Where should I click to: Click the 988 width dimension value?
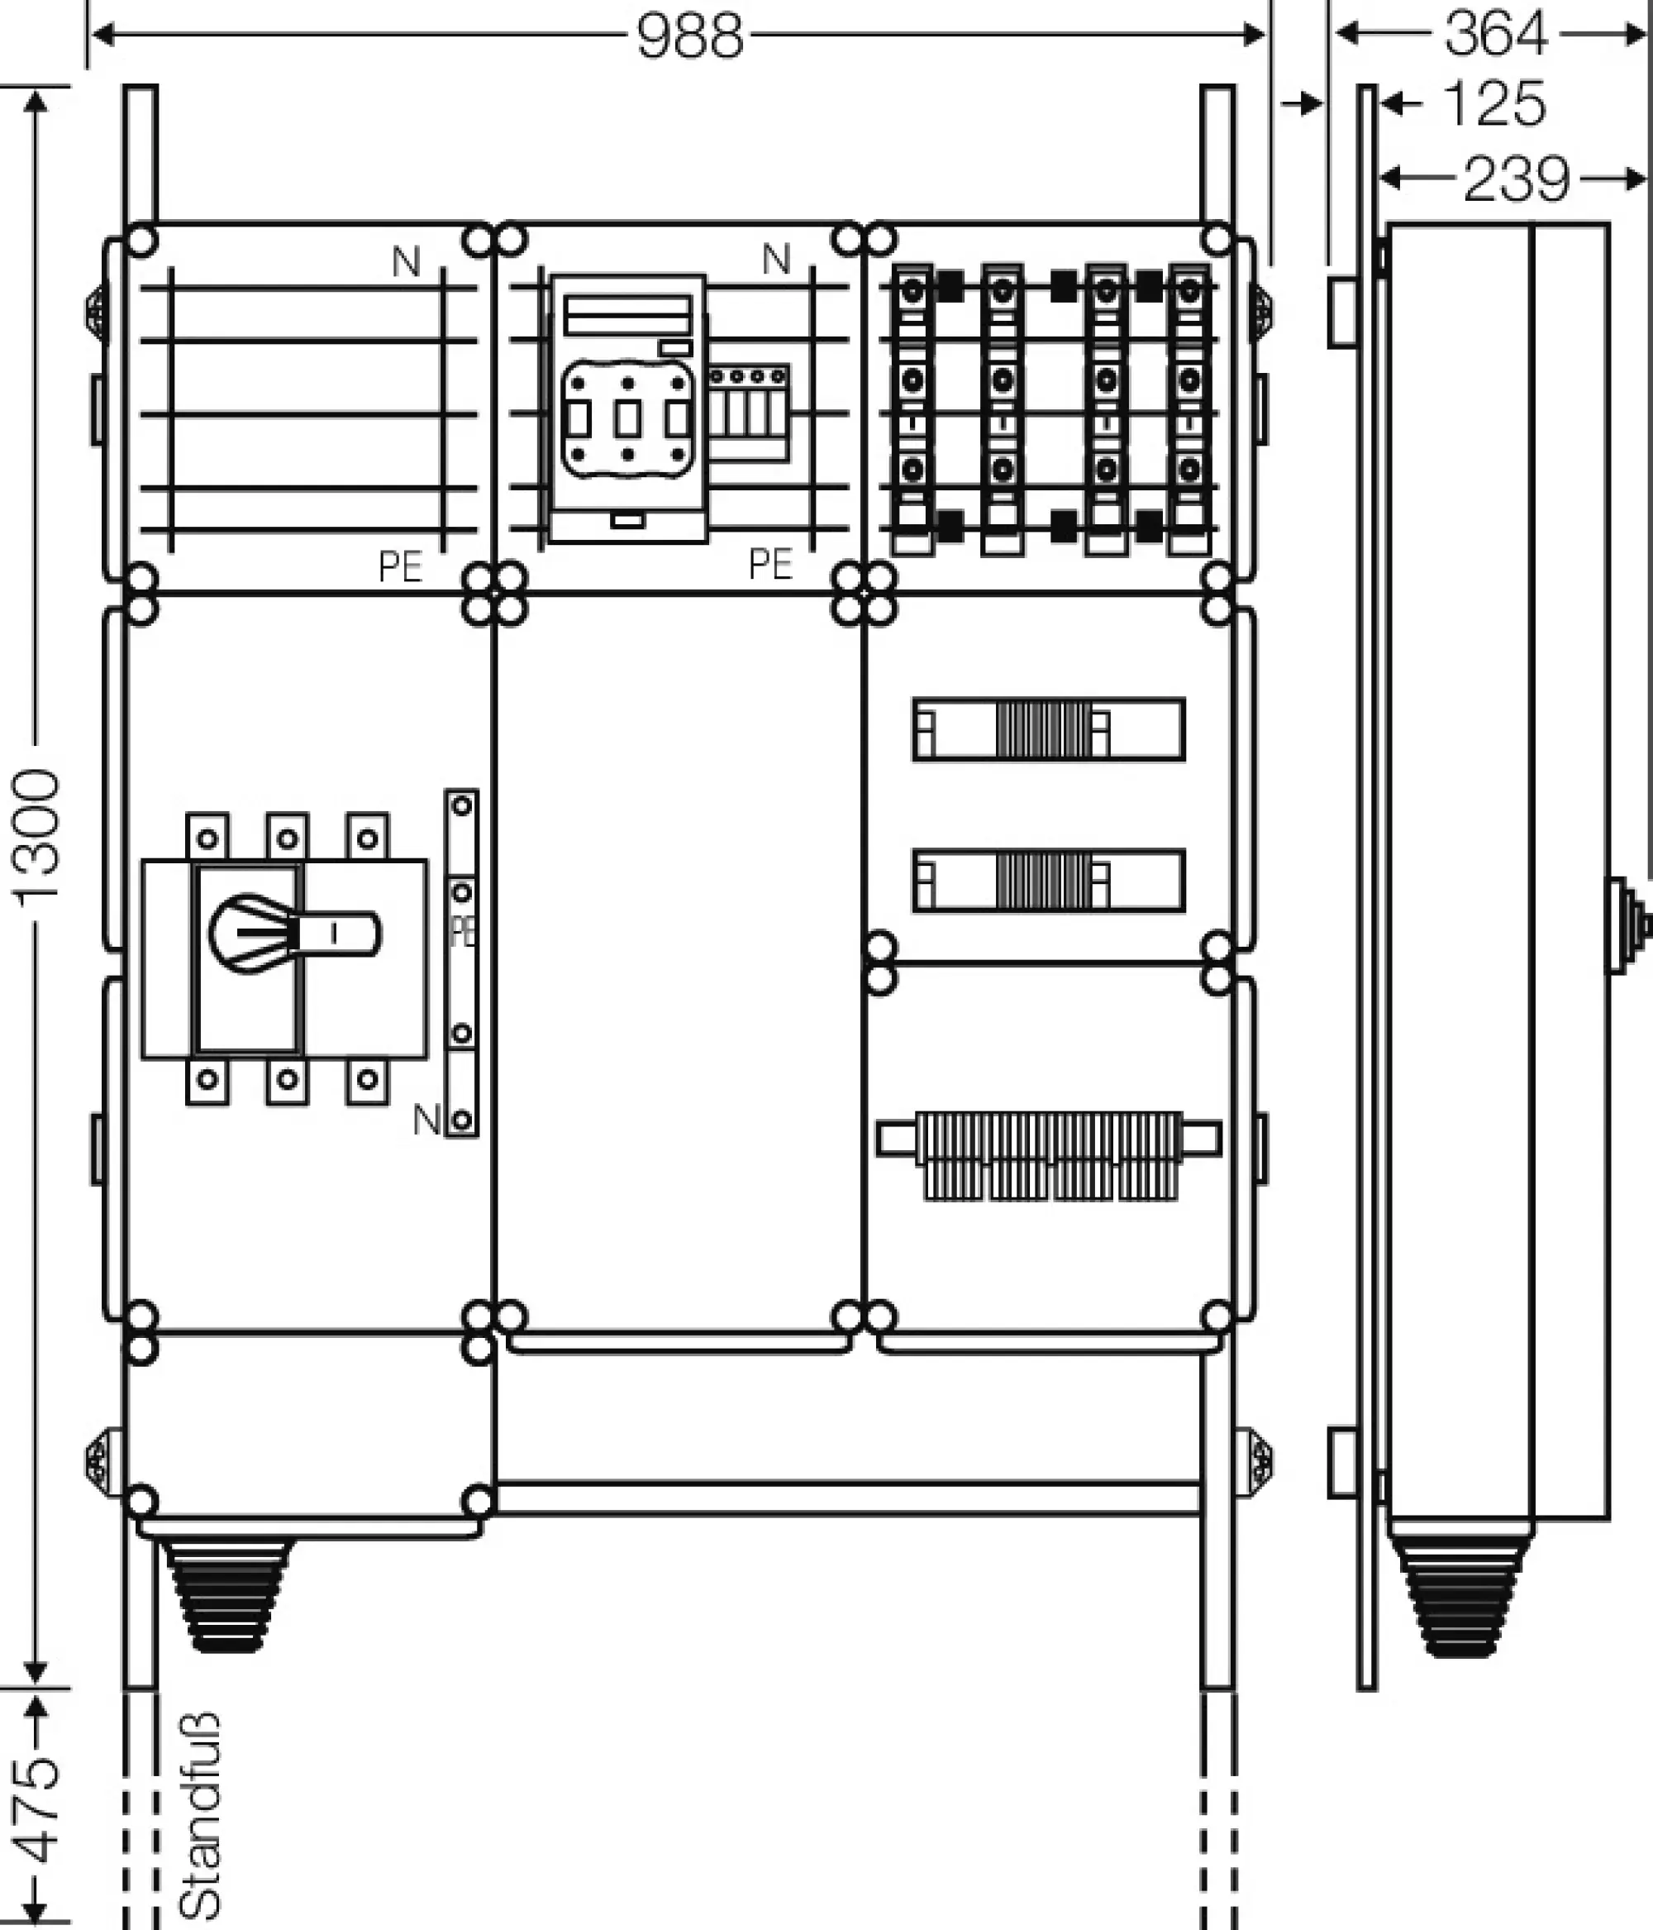click(x=690, y=37)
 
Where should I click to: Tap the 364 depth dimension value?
click(x=1494, y=35)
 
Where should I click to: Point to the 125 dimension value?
click(x=1493, y=103)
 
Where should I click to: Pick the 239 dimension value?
click(x=1515, y=179)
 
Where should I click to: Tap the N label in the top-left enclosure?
click(x=406, y=263)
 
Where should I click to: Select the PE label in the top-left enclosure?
click(x=401, y=566)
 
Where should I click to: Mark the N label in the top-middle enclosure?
click(x=776, y=260)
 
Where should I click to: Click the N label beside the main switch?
click(x=426, y=1120)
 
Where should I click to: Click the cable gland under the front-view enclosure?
click(x=226, y=1593)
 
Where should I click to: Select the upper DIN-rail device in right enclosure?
click(x=1048, y=729)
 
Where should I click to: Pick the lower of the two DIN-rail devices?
click(x=1048, y=880)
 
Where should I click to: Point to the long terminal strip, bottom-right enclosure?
click(x=1048, y=1154)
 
